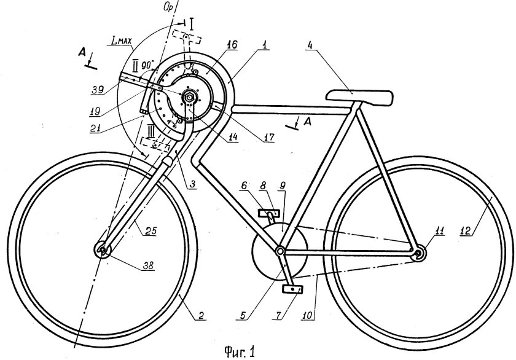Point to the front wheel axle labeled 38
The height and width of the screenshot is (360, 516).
[102, 251]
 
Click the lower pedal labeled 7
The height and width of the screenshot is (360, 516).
[291, 289]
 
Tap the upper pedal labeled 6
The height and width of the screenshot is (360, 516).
[268, 213]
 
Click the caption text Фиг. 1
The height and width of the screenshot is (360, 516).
[239, 351]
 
